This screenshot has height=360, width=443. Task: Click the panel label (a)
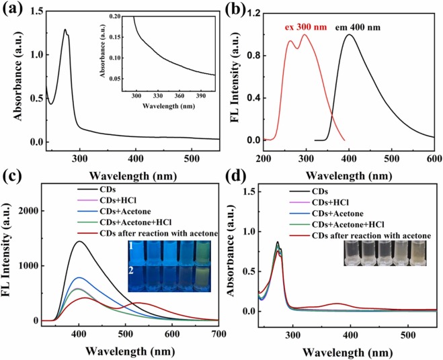point(13,10)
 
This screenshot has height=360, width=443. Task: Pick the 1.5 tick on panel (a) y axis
point(32,11)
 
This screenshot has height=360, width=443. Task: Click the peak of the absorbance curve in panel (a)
point(65,30)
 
